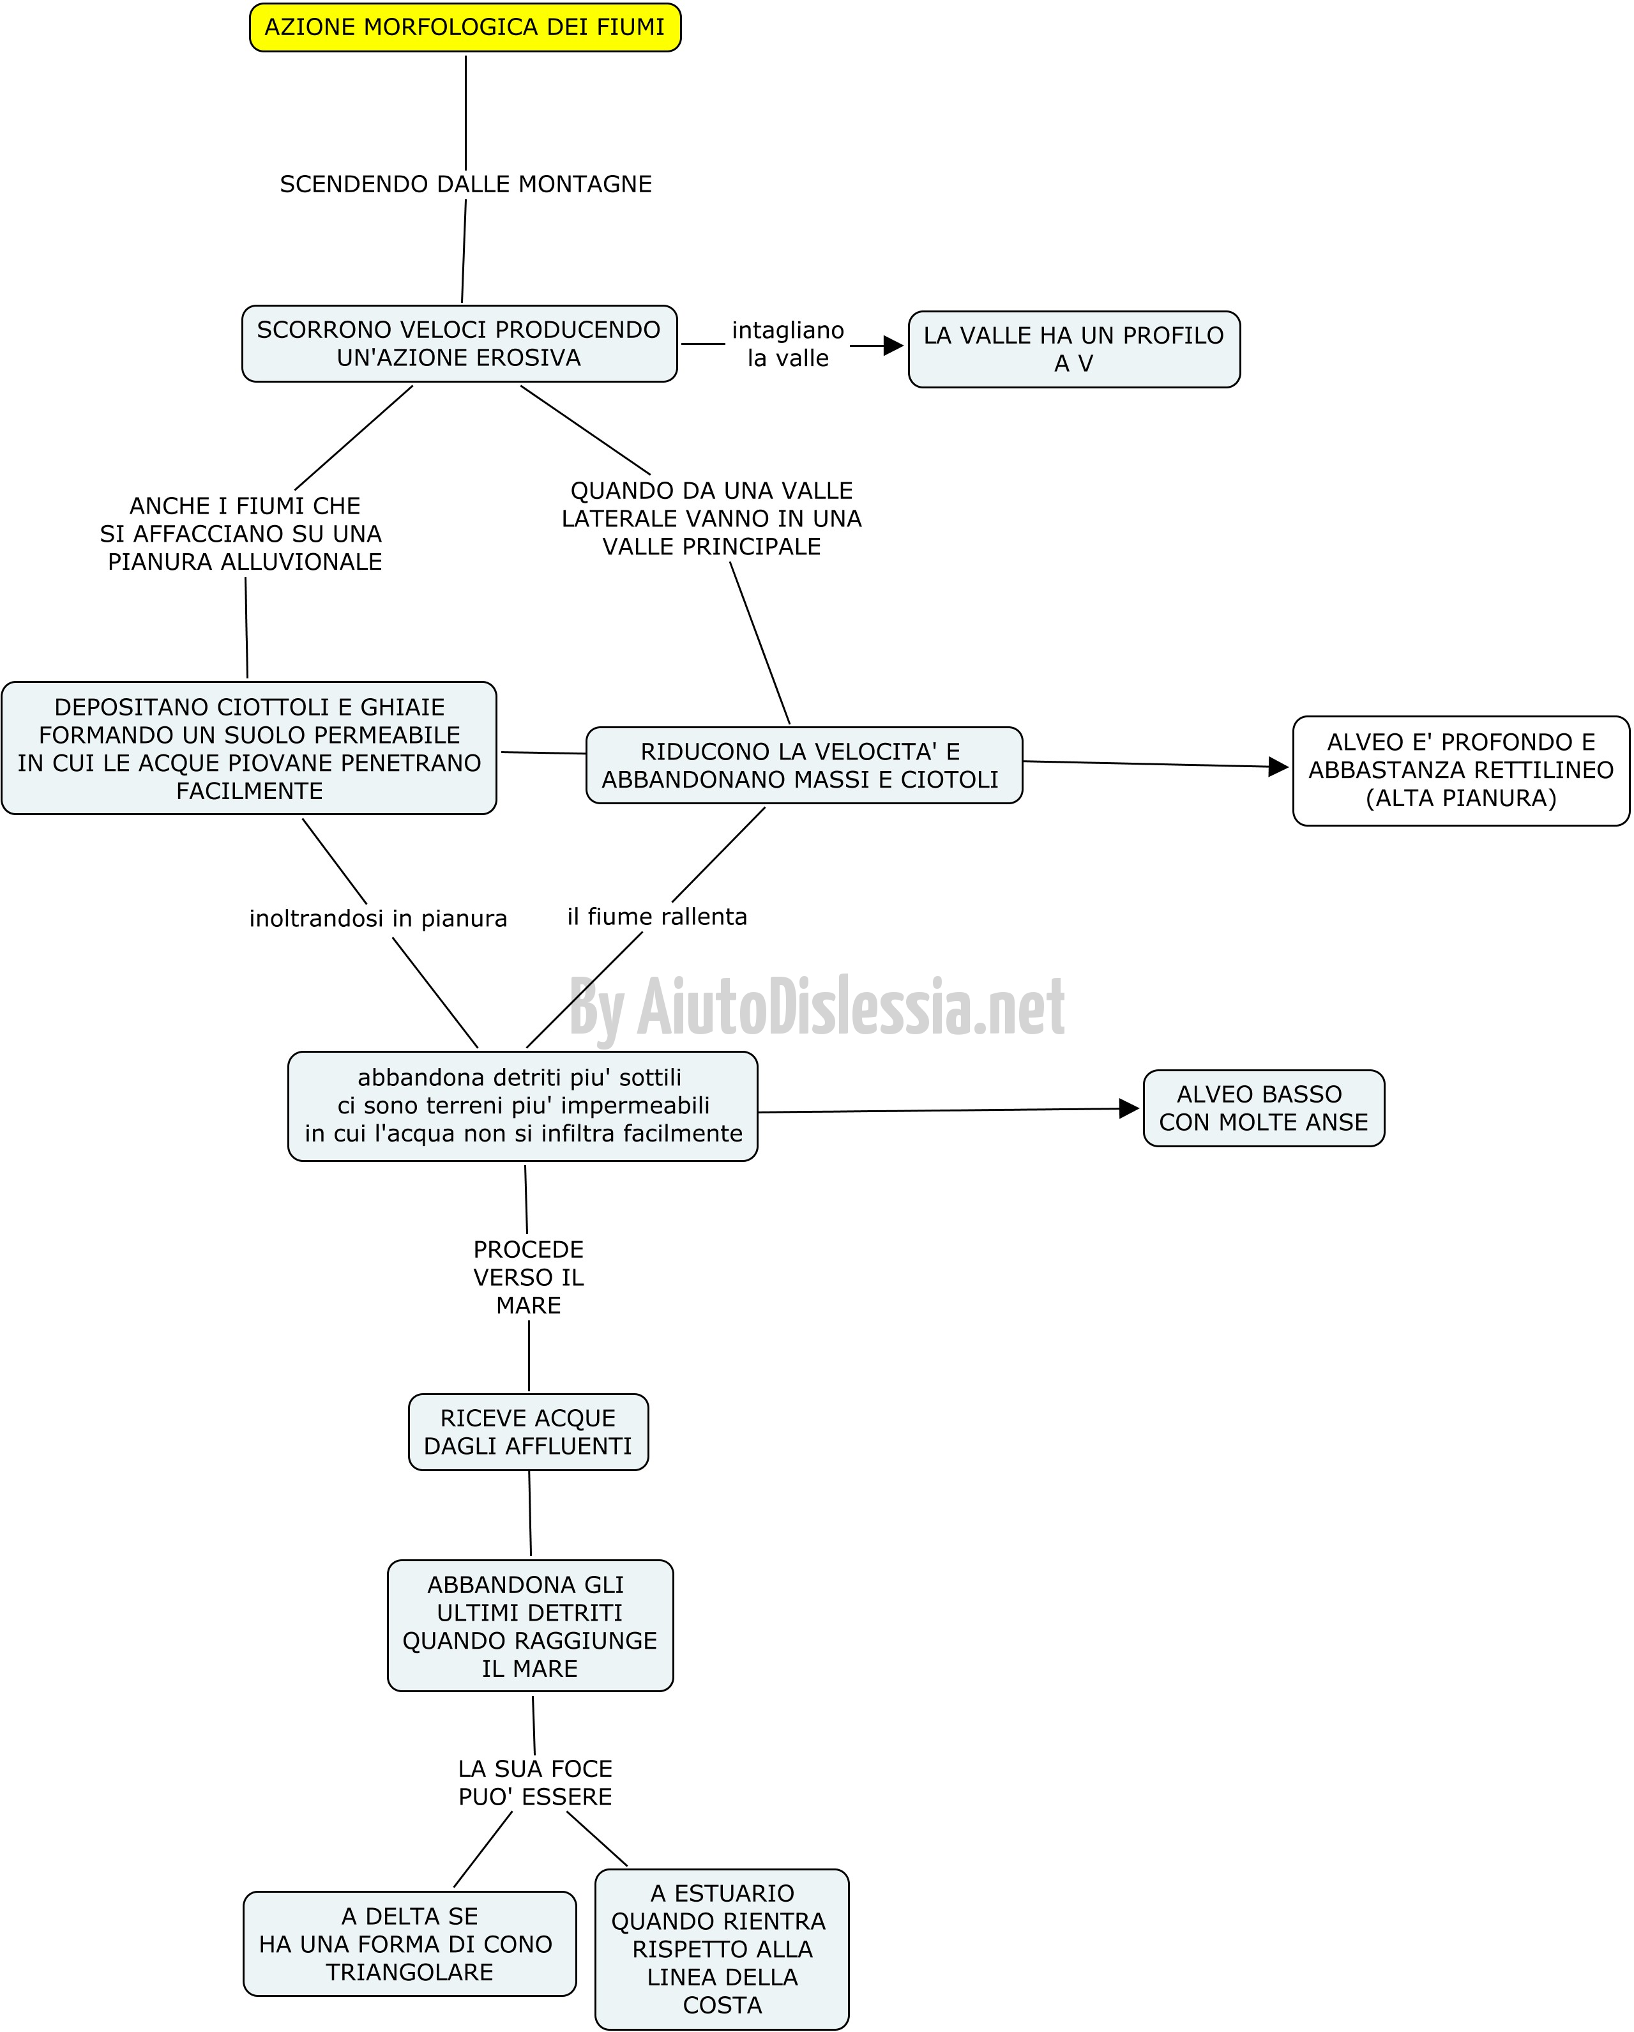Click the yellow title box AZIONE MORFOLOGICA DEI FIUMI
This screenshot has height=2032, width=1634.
tap(465, 27)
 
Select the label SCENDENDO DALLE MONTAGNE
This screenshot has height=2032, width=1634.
tap(465, 184)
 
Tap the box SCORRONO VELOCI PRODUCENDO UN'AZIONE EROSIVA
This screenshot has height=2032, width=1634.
tap(460, 344)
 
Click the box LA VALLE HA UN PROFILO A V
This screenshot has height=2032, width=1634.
tap(1074, 349)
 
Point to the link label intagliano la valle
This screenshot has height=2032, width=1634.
tap(788, 344)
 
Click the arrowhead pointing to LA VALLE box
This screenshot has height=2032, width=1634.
tap(893, 346)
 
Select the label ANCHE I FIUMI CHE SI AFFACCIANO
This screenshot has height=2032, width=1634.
tap(242, 533)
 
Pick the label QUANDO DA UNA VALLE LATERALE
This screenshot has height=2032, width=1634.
tap(711, 518)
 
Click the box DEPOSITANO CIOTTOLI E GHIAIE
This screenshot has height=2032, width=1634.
tap(249, 748)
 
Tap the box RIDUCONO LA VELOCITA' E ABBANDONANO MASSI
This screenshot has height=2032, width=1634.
tap(804, 765)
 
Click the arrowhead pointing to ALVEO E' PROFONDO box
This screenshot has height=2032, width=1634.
tap(1279, 767)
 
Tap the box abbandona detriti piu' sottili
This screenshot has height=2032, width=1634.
tap(523, 1106)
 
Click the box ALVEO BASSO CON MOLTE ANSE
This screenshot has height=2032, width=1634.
tap(1264, 1108)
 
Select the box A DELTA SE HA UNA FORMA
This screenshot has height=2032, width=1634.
tap(410, 1943)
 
